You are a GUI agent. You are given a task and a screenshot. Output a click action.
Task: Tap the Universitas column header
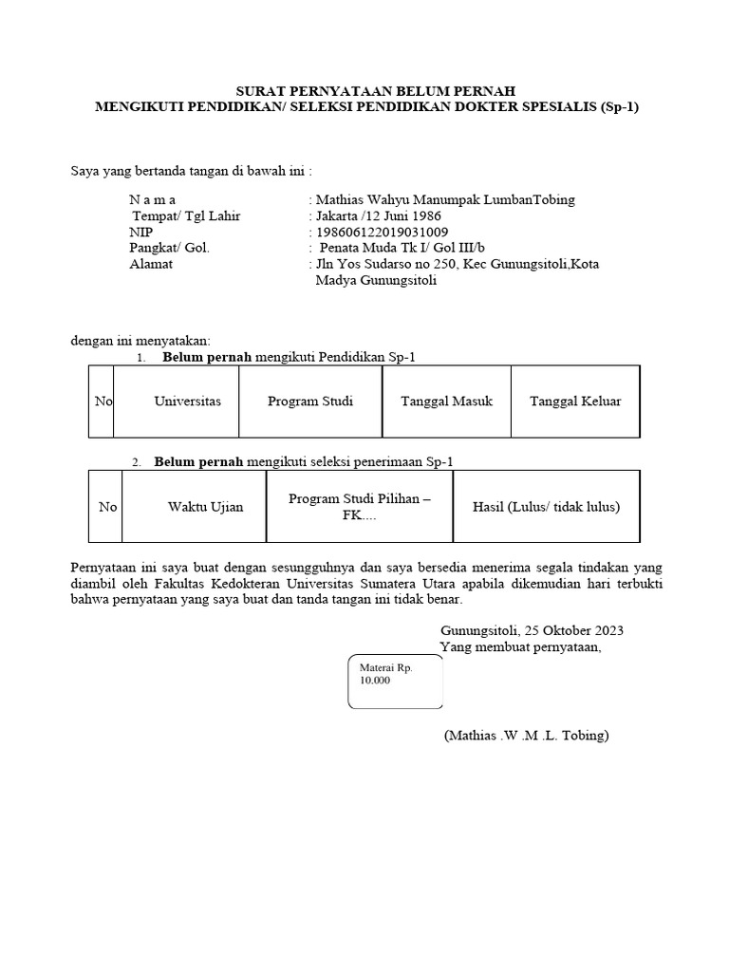[x=187, y=402]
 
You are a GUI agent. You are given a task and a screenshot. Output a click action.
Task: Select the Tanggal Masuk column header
[x=447, y=402]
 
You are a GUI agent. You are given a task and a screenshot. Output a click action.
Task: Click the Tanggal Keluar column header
[x=575, y=402]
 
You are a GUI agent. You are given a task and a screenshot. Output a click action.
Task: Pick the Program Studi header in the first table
[x=310, y=402]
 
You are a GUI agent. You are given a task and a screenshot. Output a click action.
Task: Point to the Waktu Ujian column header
[x=205, y=507]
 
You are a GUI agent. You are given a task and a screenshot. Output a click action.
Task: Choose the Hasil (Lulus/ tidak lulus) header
[x=546, y=507]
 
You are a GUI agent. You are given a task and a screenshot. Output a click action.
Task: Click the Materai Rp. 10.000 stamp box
[x=396, y=682]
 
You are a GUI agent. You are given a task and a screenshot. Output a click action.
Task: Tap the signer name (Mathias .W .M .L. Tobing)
[x=526, y=736]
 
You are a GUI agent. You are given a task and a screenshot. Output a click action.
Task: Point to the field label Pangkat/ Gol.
[x=169, y=249]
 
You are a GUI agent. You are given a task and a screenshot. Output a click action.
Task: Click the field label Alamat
[x=151, y=265]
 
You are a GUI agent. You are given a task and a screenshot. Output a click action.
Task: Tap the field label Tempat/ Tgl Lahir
[x=185, y=216]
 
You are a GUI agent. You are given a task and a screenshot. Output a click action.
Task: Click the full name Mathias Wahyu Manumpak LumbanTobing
[x=445, y=200]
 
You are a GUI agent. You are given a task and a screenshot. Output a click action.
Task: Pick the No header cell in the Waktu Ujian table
[x=107, y=507]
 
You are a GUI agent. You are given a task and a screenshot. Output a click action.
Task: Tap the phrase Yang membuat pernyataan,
[x=521, y=647]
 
